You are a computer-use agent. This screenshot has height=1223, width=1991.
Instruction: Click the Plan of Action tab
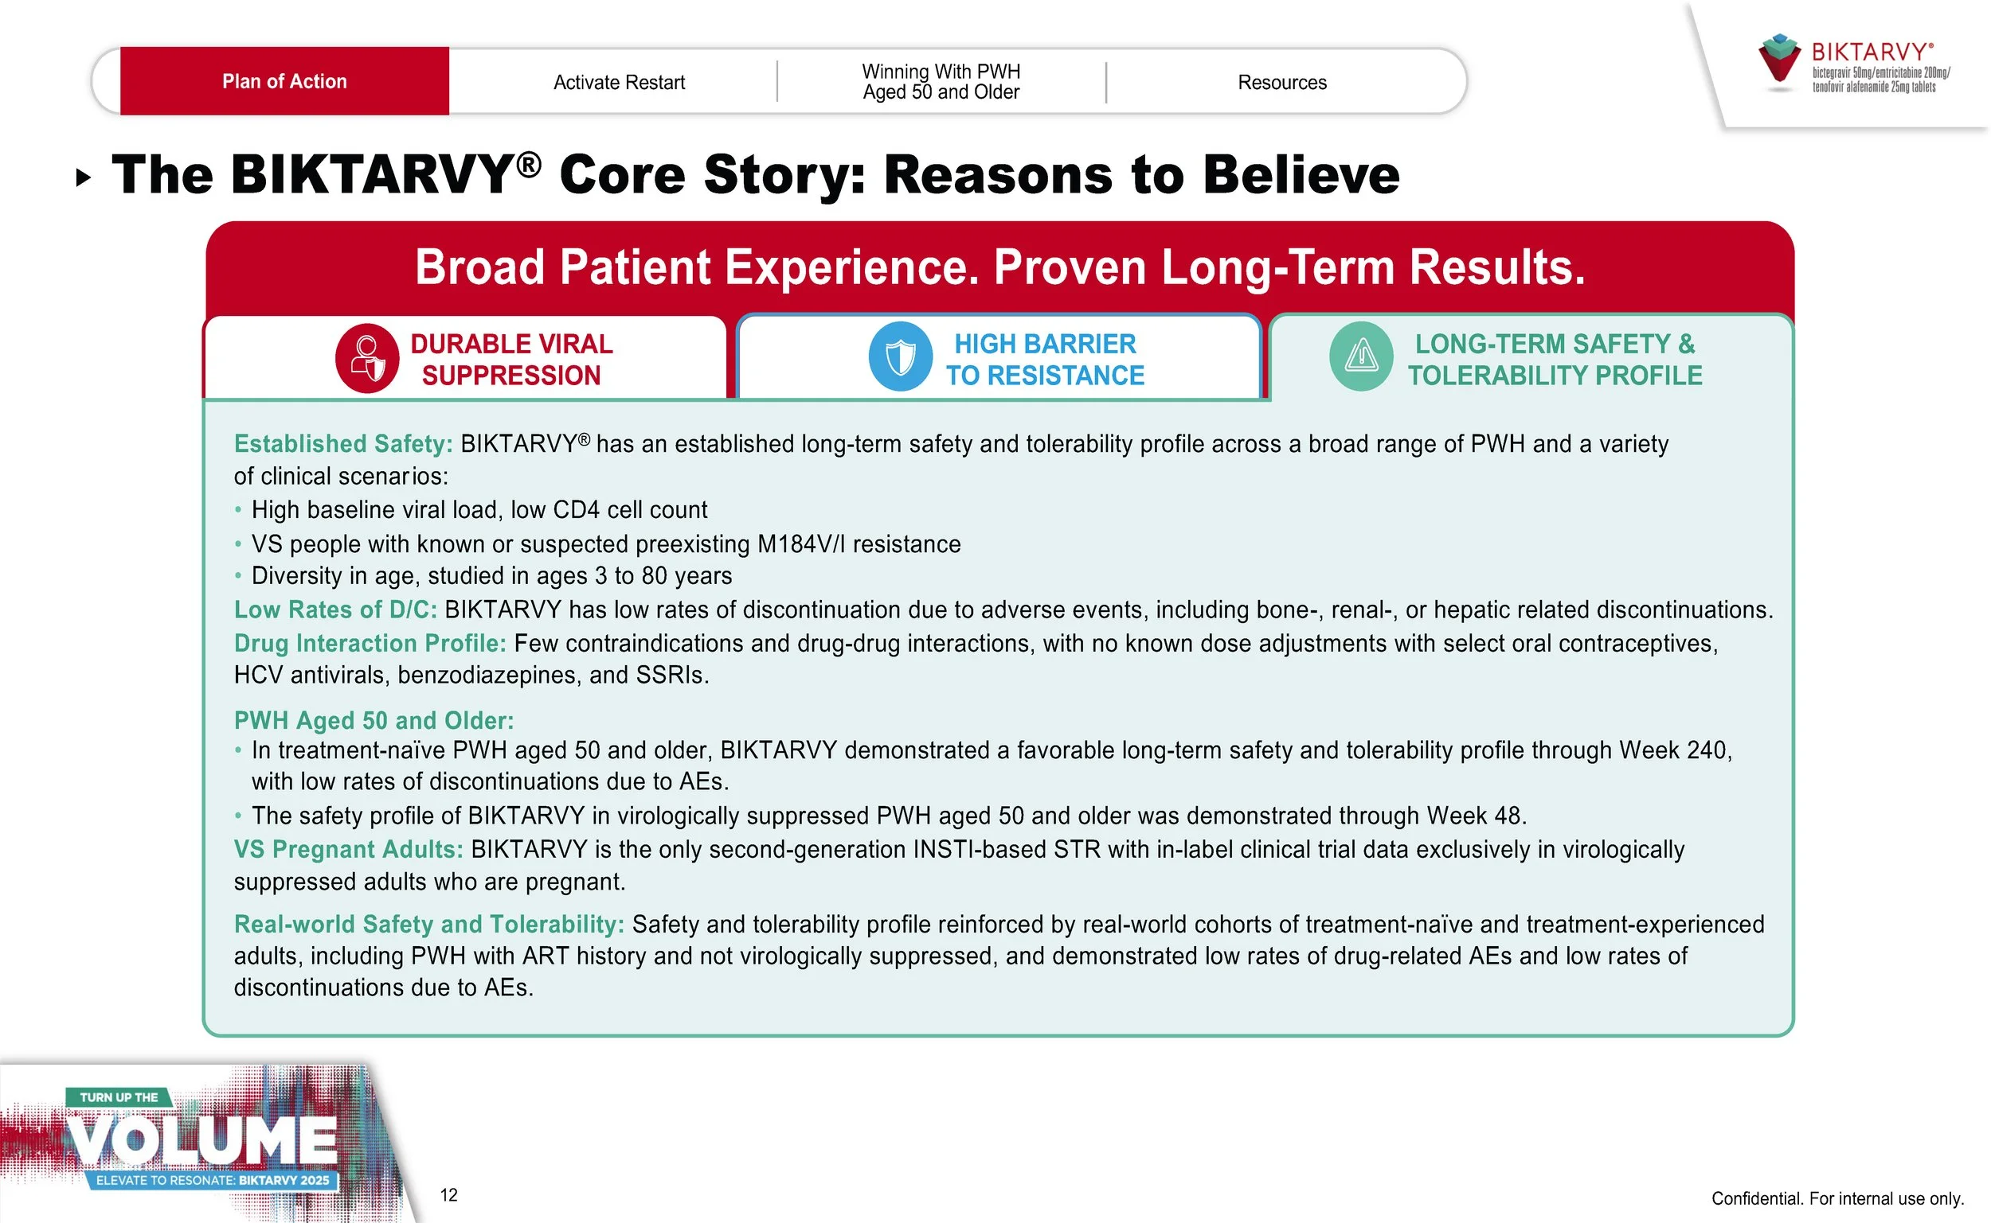coord(284,82)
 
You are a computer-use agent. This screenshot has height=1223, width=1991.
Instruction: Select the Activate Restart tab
coord(618,83)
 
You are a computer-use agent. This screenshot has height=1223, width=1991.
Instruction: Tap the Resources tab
coord(1281,83)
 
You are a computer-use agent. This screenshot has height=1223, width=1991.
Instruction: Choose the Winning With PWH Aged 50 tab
coord(941,82)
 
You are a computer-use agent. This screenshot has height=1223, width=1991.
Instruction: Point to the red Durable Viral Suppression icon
coord(366,359)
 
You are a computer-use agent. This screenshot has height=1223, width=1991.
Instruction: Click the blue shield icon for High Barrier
coord(900,356)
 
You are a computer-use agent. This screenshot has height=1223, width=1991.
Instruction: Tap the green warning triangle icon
coord(1360,356)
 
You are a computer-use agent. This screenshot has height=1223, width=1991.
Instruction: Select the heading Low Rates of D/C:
coord(335,610)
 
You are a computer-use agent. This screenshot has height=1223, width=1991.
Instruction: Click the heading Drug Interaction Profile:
coord(370,644)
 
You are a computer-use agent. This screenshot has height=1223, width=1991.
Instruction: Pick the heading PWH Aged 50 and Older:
coord(373,721)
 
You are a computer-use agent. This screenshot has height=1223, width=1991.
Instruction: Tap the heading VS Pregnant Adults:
coord(348,850)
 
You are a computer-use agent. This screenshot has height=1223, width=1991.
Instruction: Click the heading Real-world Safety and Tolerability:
coord(429,925)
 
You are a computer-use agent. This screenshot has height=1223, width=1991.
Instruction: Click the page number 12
coord(449,1195)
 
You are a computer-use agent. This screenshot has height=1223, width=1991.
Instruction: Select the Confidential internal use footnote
coord(1837,1199)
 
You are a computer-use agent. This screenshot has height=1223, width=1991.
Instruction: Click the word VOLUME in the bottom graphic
coord(202,1141)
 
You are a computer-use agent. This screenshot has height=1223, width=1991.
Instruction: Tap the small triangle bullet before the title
coord(83,177)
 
